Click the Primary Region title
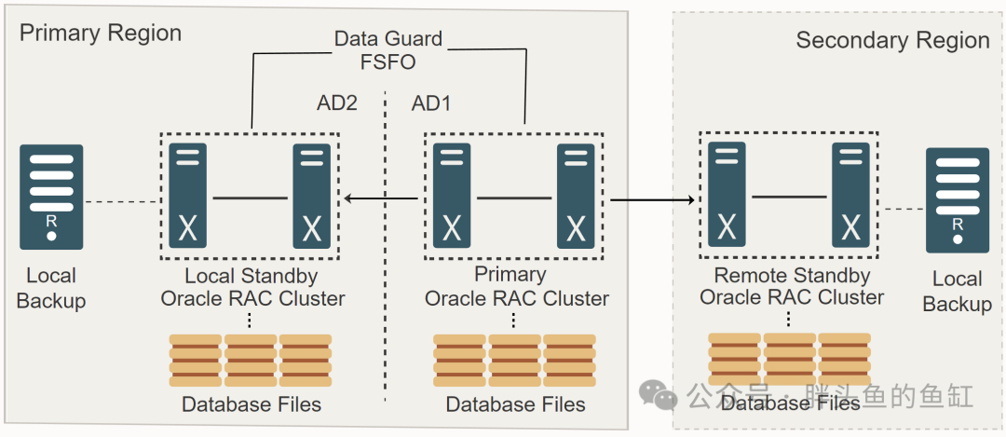point(101,34)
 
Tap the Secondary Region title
point(892,40)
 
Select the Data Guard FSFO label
point(388,50)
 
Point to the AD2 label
point(337,102)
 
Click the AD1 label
point(431,102)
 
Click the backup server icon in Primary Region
point(51,197)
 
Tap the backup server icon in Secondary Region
point(958,200)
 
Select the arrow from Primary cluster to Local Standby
point(381,198)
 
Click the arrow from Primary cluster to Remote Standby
point(652,200)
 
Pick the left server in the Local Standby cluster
point(187,196)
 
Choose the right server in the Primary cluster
point(576,196)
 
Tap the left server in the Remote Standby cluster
point(727,195)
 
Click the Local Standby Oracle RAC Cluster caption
point(252,287)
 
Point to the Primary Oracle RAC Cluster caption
point(516,286)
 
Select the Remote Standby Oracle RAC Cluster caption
point(792,286)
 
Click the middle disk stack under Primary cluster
point(515,361)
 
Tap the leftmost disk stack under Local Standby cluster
point(196,361)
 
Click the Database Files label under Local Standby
point(251,404)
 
